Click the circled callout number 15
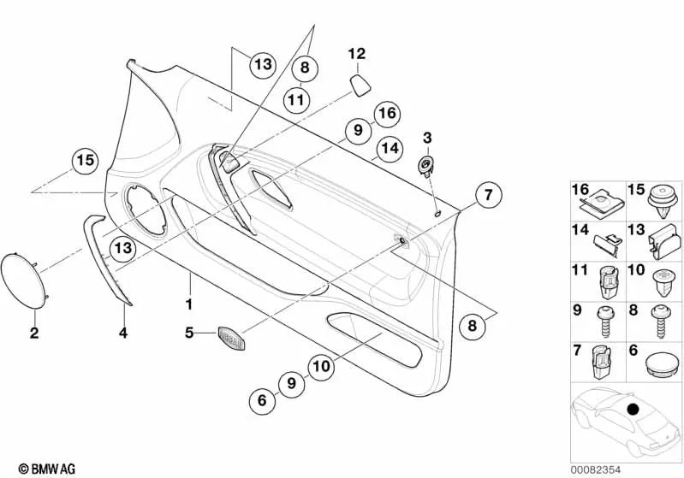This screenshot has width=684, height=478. tap(85, 161)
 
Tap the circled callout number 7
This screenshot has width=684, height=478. tap(488, 194)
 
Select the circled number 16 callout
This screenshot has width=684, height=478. tap(387, 113)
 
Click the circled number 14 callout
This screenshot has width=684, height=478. tap(390, 149)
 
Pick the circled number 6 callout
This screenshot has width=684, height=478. tap(262, 400)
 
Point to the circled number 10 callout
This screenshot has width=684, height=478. tap(322, 366)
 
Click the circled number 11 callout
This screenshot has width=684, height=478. tap(296, 100)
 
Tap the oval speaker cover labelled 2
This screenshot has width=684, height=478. tap(24, 281)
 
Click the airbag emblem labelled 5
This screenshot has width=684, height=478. tap(231, 337)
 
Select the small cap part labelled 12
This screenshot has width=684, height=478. tap(360, 85)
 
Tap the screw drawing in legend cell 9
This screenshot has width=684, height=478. tap(606, 322)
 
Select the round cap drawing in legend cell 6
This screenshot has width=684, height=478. tap(662, 363)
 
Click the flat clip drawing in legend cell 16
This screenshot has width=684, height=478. tap(602, 202)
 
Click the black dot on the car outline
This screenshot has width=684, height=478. tap(632, 409)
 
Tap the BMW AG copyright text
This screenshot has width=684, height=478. tap(47, 469)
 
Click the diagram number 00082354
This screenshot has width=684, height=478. tap(596, 469)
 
